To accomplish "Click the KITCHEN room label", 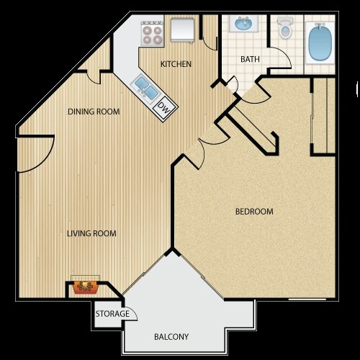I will [176, 64].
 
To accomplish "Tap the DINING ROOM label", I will [94, 112].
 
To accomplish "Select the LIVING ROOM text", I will [92, 233].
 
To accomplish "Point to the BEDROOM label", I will [255, 212].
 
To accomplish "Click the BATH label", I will [251, 60].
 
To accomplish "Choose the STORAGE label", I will [113, 314].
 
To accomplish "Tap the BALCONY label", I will [171, 336].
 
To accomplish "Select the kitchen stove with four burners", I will [152, 32].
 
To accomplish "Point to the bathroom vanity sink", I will [243, 26].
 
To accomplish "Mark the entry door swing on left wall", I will [32, 155].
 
